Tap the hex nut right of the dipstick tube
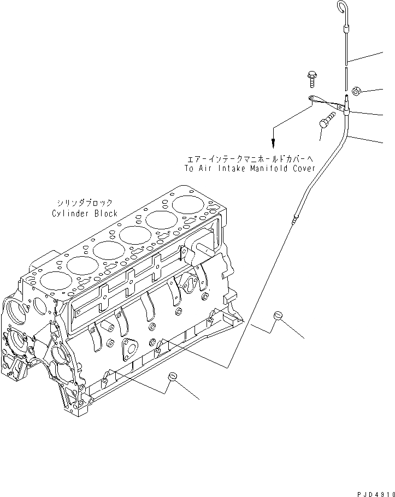[355, 91]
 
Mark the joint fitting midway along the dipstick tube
[296, 219]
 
